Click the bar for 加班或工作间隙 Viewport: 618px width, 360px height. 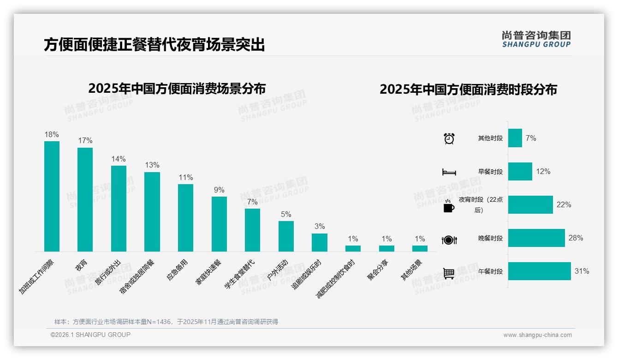point(52,196)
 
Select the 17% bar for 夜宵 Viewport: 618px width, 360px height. point(85,199)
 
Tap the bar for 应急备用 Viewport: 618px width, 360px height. point(185,218)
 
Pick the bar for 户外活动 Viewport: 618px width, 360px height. point(286,236)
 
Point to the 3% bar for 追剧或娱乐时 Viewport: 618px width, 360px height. point(319,242)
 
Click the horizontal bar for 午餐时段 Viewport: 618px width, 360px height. point(539,271)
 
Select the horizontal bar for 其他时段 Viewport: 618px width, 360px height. point(515,138)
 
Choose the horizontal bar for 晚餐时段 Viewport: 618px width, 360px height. point(536,238)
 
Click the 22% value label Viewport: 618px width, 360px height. point(564,205)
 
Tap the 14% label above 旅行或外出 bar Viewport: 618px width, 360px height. point(119,159)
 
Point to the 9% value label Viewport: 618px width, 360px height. point(219,190)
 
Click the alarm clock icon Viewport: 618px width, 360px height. point(449,138)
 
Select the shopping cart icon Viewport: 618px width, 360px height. point(449,273)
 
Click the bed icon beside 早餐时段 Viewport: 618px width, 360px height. point(449,172)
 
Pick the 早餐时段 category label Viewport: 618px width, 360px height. point(490,172)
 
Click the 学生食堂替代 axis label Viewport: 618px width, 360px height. point(240,274)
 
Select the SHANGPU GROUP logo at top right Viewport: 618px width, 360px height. point(536,39)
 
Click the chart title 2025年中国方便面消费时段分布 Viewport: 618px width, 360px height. point(468,90)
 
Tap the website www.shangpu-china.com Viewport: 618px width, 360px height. point(537,335)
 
